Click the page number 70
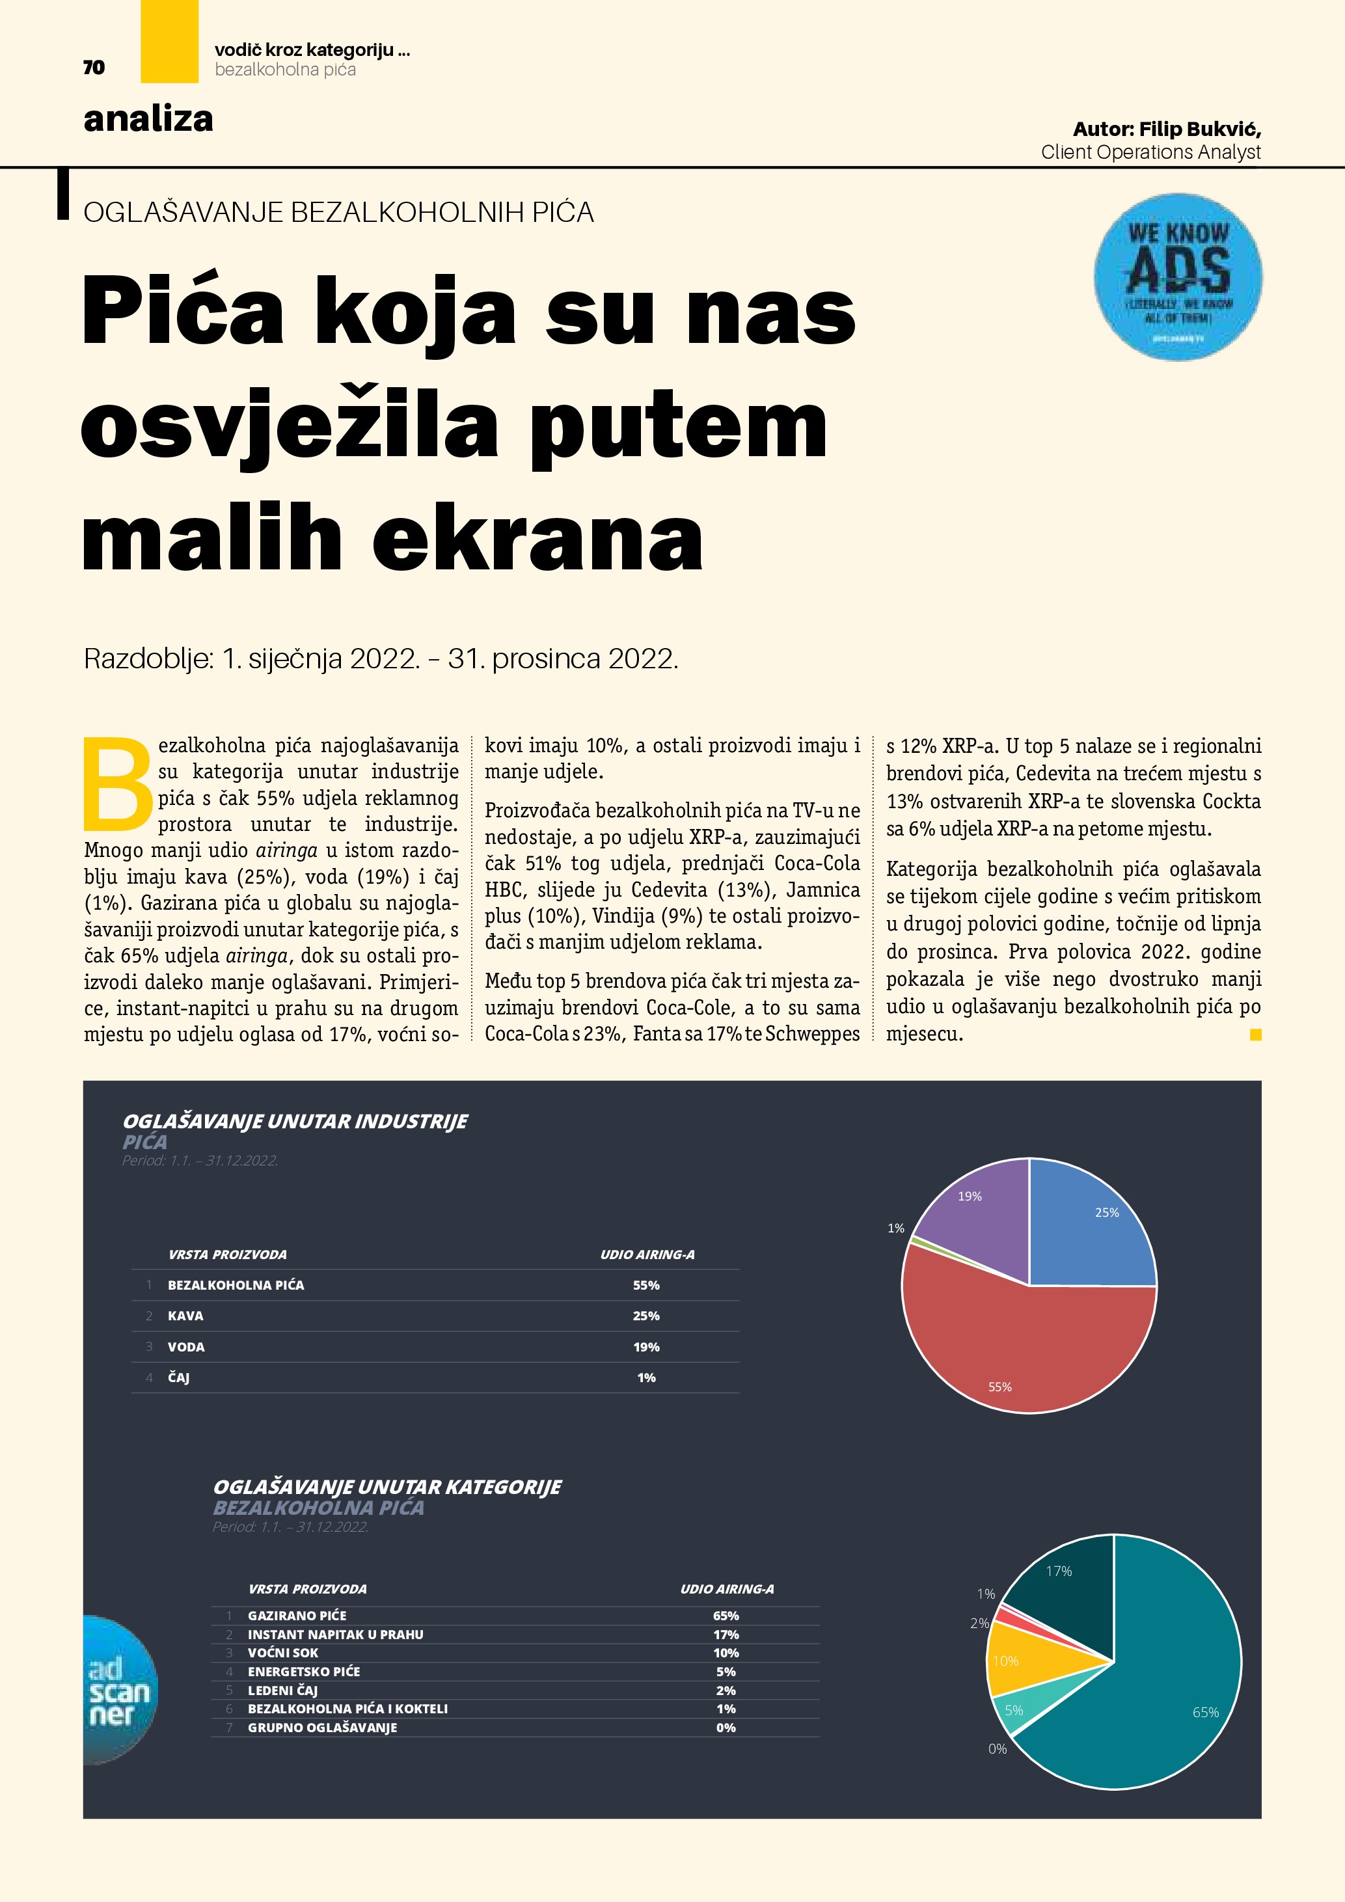94,67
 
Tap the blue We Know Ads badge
1178,277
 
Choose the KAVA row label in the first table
185,1316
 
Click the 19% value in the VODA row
646,1348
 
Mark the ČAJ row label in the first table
179,1378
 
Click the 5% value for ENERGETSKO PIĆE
726,1672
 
